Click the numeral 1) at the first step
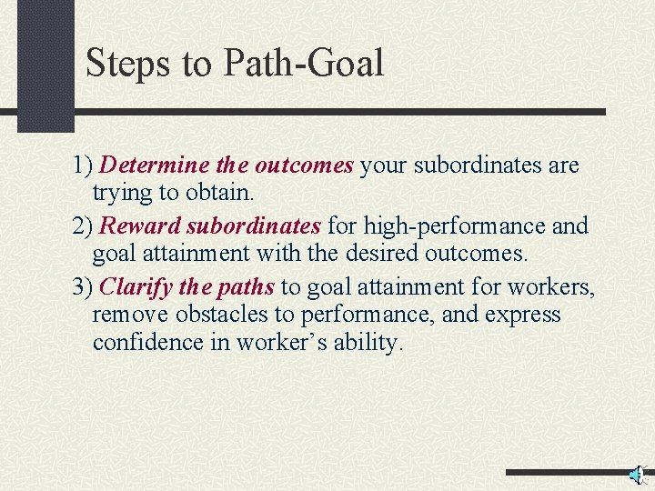(83, 166)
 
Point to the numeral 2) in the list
(83, 225)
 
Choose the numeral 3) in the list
(83, 287)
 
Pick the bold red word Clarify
(136, 287)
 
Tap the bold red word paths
(246, 287)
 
